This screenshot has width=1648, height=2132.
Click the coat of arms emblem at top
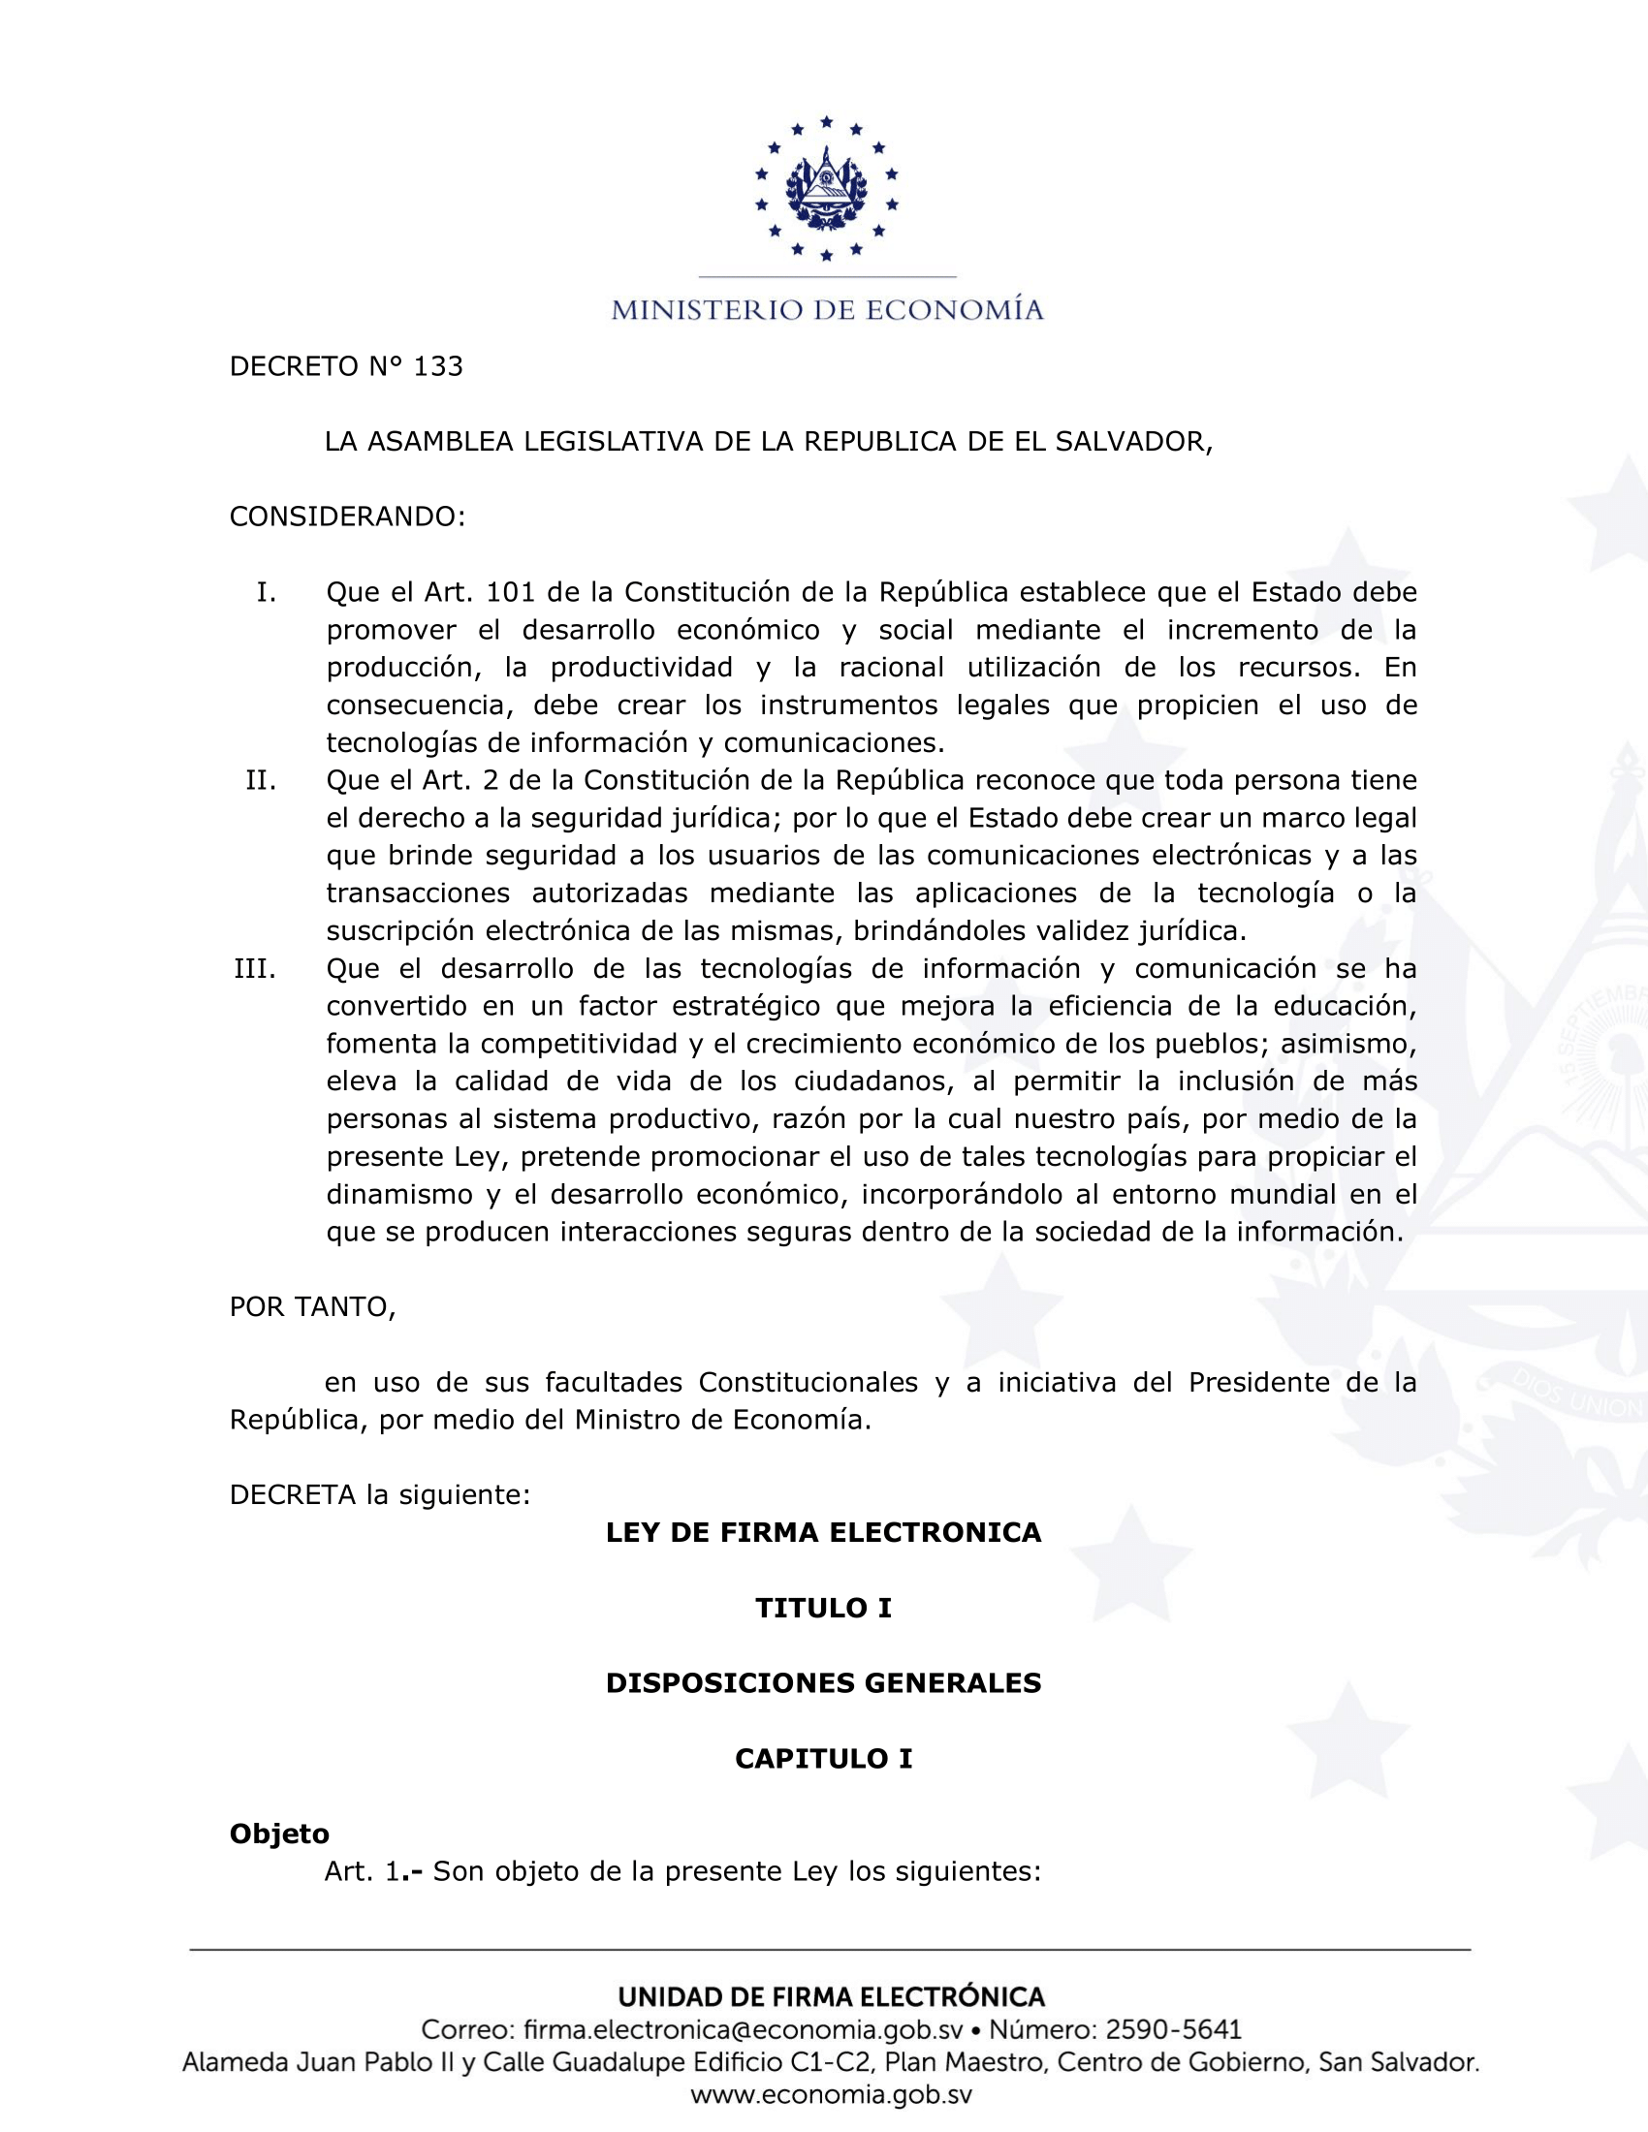pos(826,188)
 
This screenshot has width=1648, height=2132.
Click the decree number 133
pos(438,366)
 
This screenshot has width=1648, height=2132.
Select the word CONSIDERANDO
pos(347,517)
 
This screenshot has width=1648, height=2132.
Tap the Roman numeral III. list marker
pos(255,968)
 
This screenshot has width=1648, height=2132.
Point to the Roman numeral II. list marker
pos(261,780)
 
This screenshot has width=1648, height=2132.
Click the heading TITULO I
pos(823,1608)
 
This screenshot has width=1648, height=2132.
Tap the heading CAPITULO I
pos(823,1758)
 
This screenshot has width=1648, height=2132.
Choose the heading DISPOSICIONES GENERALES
pos(823,1683)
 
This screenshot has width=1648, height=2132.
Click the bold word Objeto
pos(279,1834)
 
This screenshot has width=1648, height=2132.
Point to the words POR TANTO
pos(312,1307)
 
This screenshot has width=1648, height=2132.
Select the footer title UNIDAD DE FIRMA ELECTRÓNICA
pos(831,1996)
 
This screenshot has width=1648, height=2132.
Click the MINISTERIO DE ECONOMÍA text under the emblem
pos(827,310)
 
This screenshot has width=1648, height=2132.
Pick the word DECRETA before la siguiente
pos(293,1494)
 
